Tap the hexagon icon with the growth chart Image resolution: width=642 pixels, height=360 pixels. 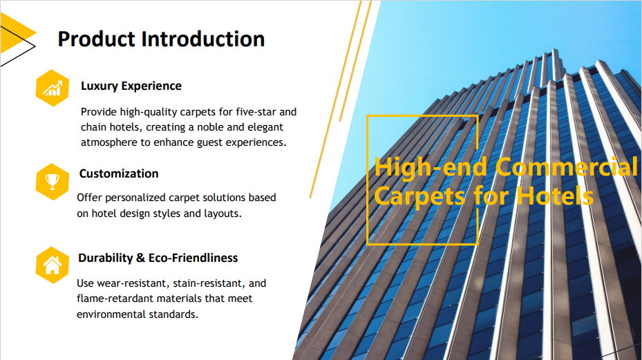click(x=53, y=88)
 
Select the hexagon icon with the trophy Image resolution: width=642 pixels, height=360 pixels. click(x=53, y=182)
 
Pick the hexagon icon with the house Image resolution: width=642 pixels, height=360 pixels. click(x=53, y=265)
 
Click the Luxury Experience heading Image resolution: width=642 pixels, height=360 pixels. click(x=131, y=86)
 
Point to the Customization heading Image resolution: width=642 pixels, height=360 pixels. click(x=119, y=173)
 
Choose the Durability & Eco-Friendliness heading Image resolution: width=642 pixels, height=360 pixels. click(x=158, y=258)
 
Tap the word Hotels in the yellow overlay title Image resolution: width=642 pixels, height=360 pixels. click(x=555, y=196)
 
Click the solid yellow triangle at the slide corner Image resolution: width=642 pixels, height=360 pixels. click(x=16, y=32)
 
